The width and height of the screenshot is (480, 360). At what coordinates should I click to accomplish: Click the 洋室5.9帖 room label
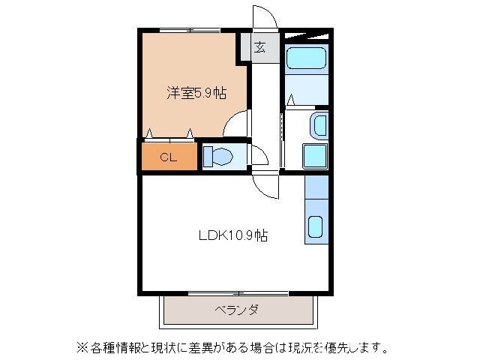tap(196, 94)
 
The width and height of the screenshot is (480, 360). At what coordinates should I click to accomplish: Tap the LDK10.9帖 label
tap(233, 235)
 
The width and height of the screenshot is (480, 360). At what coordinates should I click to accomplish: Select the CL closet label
tap(169, 157)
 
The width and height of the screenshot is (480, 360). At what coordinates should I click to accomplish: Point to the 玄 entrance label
tap(259, 48)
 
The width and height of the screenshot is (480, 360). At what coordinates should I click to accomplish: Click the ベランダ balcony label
tap(236, 309)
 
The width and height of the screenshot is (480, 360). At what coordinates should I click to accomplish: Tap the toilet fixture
tap(218, 157)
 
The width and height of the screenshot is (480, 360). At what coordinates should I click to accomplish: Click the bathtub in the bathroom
tap(306, 58)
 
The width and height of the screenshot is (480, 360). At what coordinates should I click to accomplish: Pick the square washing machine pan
tap(314, 156)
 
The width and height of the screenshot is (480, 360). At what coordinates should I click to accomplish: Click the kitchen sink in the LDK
tap(316, 226)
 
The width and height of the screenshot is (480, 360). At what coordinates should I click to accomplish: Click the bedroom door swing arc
tap(235, 124)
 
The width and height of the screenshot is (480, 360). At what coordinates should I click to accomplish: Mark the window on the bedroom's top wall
tap(188, 30)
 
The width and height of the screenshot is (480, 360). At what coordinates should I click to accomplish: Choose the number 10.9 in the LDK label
tap(241, 235)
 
